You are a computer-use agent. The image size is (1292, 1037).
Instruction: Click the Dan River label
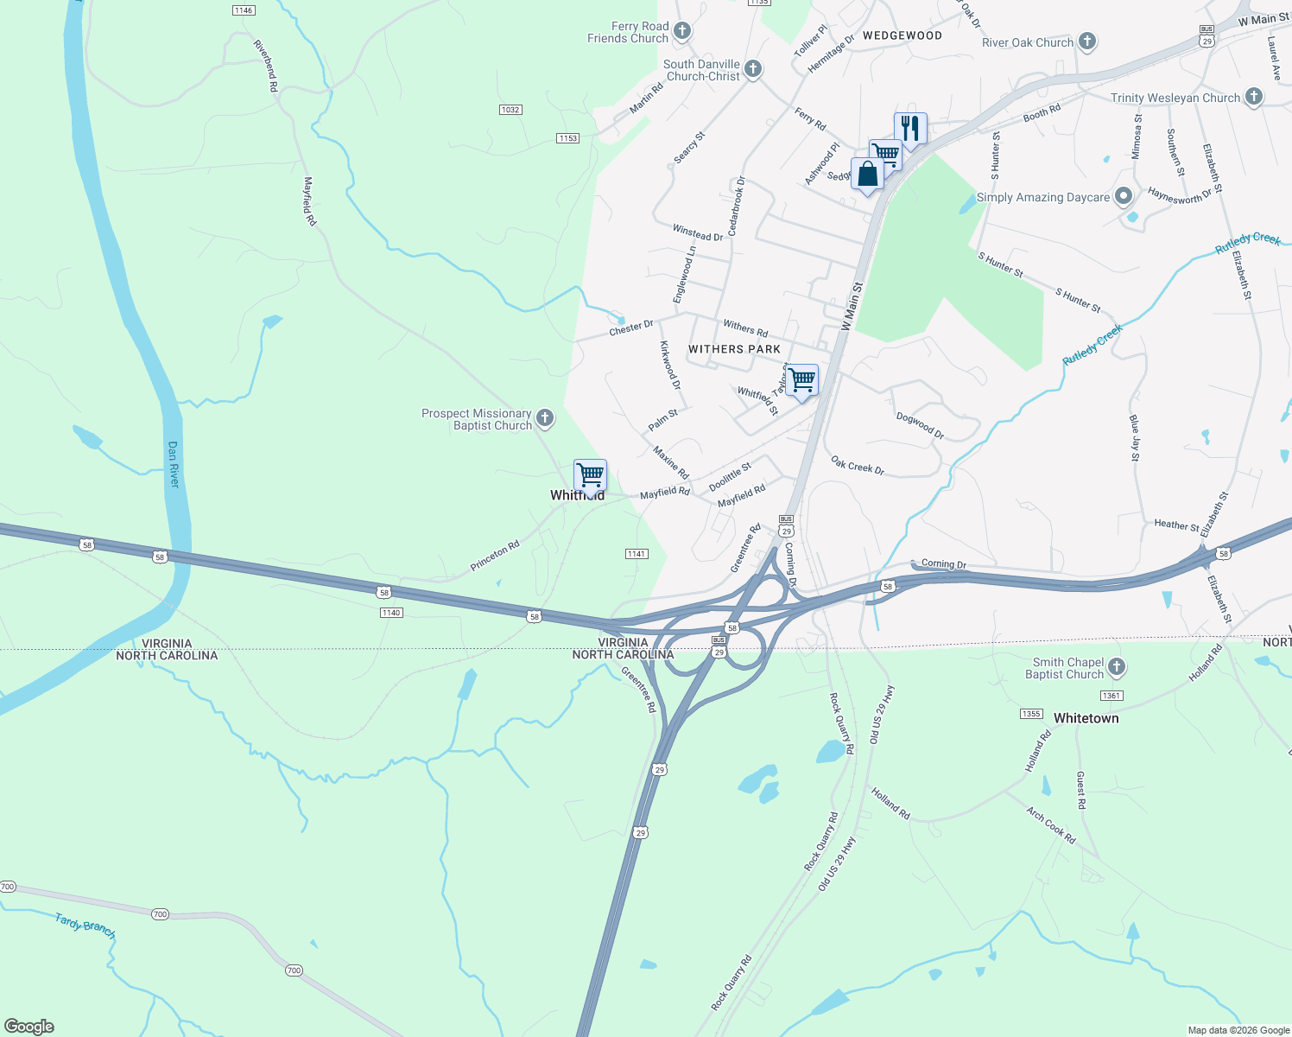click(174, 464)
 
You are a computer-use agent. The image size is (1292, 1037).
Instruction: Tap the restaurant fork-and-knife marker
click(910, 128)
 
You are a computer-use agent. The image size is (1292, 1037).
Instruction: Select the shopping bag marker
click(867, 173)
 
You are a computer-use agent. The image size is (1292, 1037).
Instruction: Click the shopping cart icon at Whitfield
click(591, 475)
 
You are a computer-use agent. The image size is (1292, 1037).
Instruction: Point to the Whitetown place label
click(1086, 718)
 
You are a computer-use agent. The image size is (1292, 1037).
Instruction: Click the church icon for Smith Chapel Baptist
click(1117, 667)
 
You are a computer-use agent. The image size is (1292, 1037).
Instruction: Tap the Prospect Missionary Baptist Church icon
click(545, 419)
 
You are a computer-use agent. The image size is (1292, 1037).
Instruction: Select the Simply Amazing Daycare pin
click(1124, 197)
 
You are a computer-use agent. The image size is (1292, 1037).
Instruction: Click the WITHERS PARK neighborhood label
click(734, 349)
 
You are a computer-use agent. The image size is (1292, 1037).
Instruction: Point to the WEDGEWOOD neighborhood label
click(902, 35)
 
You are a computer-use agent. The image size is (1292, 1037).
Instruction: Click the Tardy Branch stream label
click(85, 926)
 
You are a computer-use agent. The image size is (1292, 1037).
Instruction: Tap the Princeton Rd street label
click(495, 556)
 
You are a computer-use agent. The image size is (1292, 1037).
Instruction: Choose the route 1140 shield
click(391, 613)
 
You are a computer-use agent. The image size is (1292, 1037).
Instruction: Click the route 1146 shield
click(244, 10)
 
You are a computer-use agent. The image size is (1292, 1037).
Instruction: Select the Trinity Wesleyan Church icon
click(1254, 97)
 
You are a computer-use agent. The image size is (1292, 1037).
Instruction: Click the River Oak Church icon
click(1087, 41)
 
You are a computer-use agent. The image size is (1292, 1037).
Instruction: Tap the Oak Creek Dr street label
click(858, 466)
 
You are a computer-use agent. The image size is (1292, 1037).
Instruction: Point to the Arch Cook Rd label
click(1051, 825)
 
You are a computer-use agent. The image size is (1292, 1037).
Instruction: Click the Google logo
click(29, 1027)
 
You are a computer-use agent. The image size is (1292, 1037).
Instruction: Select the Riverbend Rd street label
click(266, 66)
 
